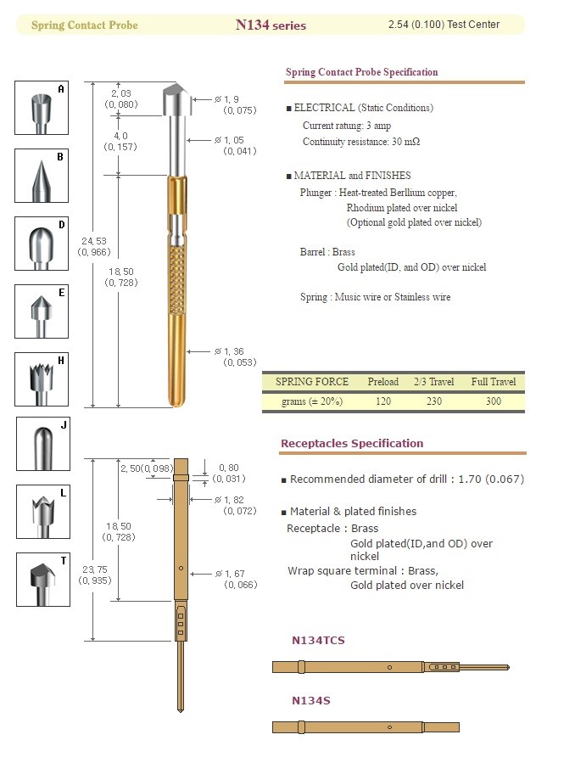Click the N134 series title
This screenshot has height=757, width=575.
(271, 25)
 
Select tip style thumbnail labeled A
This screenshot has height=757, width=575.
(42, 107)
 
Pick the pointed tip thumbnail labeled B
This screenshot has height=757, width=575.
(42, 176)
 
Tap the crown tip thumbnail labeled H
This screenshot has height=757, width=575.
(42, 378)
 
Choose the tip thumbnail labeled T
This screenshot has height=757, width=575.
(42, 580)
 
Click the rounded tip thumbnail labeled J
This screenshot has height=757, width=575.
(42, 444)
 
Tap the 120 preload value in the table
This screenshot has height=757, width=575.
(382, 401)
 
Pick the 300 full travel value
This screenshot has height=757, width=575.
(493, 401)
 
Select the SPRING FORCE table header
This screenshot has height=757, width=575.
(311, 382)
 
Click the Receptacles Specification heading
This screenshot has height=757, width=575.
(351, 443)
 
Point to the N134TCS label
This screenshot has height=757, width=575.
(318, 641)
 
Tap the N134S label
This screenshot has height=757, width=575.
(310, 701)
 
